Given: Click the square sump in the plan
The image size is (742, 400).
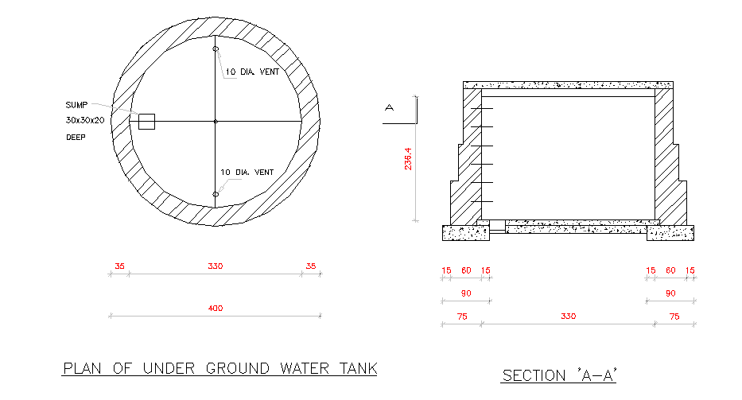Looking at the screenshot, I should [x=146, y=121].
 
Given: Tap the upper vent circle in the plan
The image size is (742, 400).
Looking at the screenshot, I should [x=216, y=49].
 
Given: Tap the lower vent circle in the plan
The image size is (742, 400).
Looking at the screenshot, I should [x=216, y=194].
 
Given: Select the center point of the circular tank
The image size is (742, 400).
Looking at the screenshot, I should [x=216, y=122].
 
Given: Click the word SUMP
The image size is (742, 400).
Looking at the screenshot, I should [x=76, y=105].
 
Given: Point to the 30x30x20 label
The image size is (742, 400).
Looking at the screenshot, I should [x=86, y=121].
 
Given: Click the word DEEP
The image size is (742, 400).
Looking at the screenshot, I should [x=76, y=137].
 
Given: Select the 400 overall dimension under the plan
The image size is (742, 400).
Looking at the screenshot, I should [x=215, y=309].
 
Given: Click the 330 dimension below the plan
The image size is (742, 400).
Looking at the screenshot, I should [x=215, y=266].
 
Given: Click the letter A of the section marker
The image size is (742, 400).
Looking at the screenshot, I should [x=390, y=107].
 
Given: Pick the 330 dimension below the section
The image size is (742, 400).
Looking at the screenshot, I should [x=568, y=317].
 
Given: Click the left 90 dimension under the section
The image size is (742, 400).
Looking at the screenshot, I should [x=466, y=294].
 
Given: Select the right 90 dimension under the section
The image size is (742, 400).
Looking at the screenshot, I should [x=670, y=294].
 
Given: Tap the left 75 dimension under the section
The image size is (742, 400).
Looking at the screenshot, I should [x=461, y=317].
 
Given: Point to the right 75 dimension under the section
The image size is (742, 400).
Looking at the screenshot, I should [x=674, y=317].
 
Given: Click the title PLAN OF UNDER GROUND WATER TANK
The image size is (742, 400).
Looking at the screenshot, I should [x=219, y=369].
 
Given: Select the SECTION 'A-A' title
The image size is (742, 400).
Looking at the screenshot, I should [x=559, y=375].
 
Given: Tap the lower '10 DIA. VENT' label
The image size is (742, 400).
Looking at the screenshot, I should [x=248, y=173].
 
